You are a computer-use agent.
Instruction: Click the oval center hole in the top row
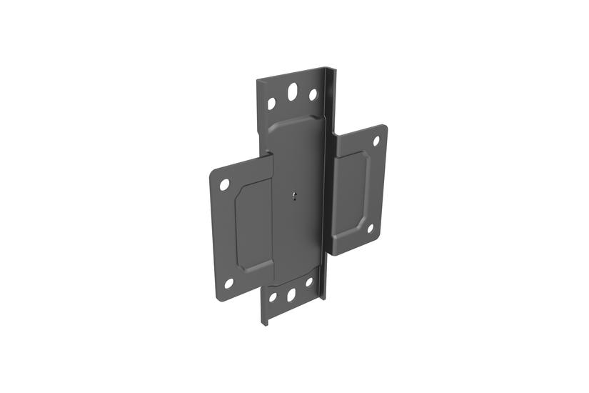[x=292, y=92]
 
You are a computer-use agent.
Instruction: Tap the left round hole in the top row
[x=271, y=104]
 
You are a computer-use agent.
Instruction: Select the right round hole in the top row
[x=313, y=94]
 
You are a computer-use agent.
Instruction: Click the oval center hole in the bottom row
[x=291, y=294]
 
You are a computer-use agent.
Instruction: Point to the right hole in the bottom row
[x=310, y=282]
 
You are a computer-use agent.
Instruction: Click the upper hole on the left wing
[x=224, y=184]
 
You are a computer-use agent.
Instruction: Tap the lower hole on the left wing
[x=228, y=283]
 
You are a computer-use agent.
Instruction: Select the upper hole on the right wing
[x=376, y=141]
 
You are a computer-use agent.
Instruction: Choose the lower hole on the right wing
[x=371, y=229]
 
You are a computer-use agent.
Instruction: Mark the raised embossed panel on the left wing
[x=253, y=225]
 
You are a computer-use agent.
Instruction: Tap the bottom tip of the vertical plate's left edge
[x=263, y=323]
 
